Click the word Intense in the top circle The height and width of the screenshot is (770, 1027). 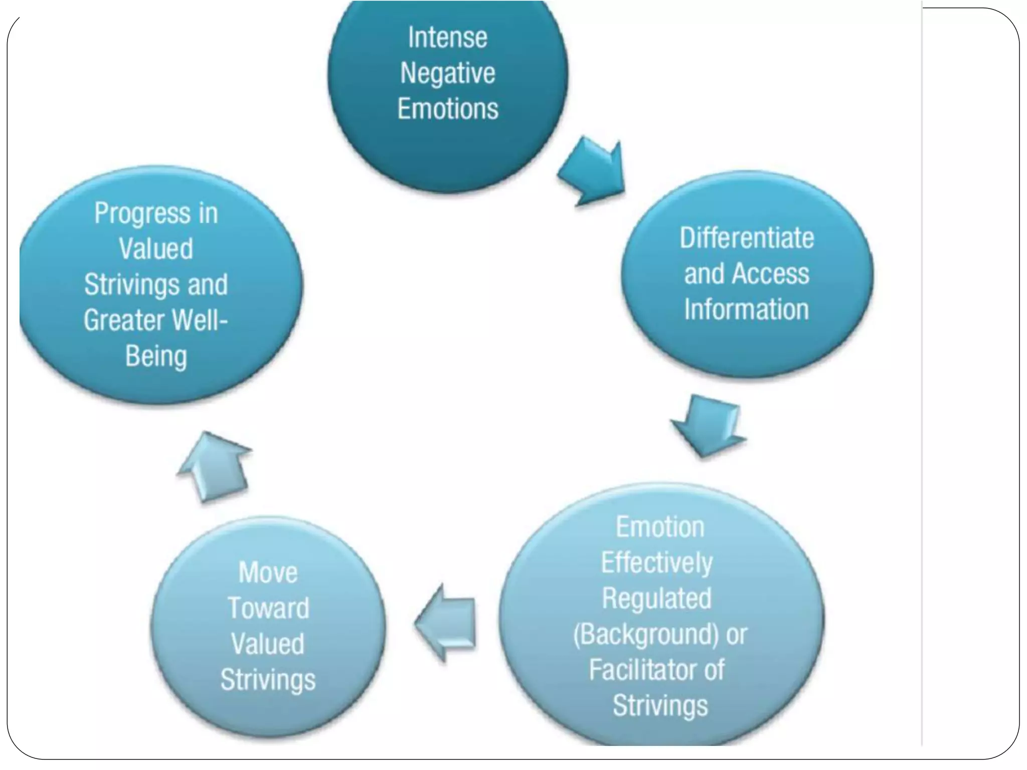click(x=447, y=38)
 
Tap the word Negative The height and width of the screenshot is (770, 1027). click(x=447, y=74)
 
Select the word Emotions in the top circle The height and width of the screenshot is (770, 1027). click(x=447, y=109)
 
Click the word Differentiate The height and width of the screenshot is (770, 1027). click(x=747, y=238)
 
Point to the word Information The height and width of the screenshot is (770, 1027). click(x=747, y=309)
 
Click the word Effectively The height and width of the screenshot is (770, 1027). click(x=657, y=563)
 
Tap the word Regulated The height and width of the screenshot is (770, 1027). click(x=657, y=599)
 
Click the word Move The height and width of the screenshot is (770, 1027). click(x=268, y=572)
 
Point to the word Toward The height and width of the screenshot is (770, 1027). click(x=268, y=608)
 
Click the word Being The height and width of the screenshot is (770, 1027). click(x=156, y=356)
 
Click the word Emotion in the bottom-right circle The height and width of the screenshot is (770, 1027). click(x=660, y=527)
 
